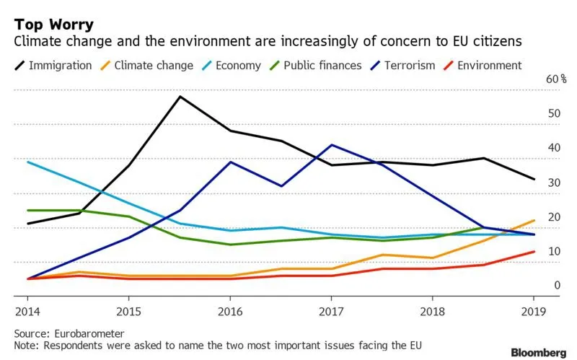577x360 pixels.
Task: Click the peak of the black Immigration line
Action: (179, 96)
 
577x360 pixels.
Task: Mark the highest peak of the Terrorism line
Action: (330, 144)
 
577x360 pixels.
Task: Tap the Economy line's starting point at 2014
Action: (27, 162)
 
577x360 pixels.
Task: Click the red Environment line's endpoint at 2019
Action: (533, 251)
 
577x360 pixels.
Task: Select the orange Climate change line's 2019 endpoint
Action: (533, 220)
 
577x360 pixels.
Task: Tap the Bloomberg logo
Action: (538, 352)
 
